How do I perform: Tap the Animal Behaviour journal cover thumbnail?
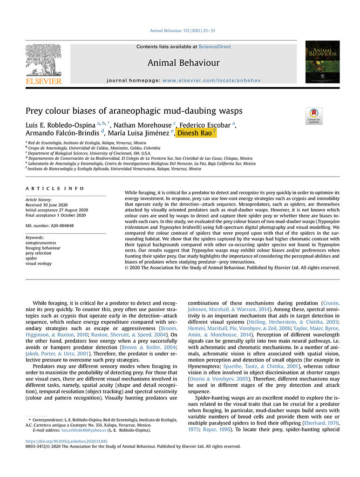click(x=322, y=62)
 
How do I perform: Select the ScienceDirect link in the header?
click(x=215, y=47)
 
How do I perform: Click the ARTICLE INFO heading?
click(x=55, y=188)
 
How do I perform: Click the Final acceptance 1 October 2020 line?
click(x=56, y=215)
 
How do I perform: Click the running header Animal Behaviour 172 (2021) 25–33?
click(x=180, y=31)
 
